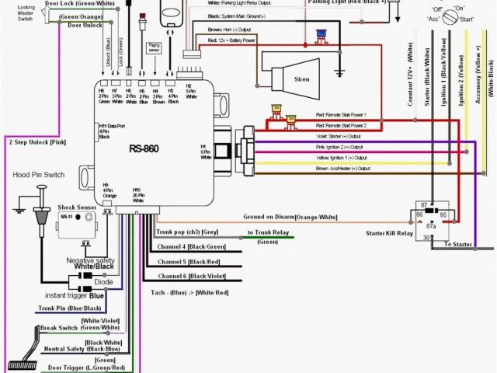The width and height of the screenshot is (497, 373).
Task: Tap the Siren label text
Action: [301, 79]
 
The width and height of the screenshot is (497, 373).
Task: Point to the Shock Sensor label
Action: [77, 208]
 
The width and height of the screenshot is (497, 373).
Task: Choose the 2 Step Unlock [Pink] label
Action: [37, 142]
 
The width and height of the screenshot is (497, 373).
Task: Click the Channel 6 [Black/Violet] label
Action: [192, 276]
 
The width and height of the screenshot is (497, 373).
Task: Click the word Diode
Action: [93, 283]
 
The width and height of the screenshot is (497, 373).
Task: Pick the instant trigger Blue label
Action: [75, 296]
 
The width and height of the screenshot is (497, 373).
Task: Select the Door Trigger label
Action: [86, 367]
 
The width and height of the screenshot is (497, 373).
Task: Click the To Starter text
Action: [457, 244]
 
